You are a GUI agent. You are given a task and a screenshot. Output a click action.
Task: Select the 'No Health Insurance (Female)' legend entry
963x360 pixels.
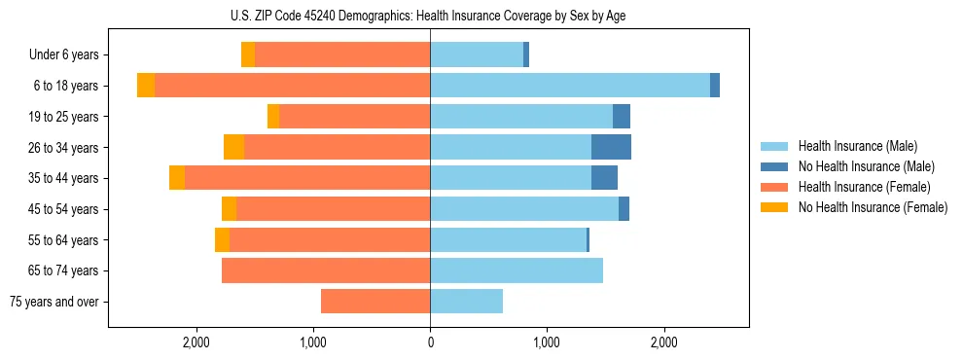pyautogui.click(x=873, y=207)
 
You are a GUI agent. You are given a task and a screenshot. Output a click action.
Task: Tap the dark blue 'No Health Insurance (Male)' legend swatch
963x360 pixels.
pyautogui.click(x=775, y=166)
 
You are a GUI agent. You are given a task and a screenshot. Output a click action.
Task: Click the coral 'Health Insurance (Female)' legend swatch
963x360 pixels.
pyautogui.click(x=775, y=187)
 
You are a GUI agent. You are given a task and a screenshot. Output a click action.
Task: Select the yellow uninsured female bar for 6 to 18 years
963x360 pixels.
pyautogui.click(x=146, y=86)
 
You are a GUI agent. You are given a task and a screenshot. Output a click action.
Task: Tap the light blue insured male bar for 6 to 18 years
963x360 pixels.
pyautogui.click(x=569, y=86)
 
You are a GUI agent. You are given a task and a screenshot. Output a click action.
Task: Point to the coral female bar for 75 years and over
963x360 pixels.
pyautogui.click(x=375, y=302)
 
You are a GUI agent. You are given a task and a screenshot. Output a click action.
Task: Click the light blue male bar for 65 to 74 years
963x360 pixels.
pyautogui.click(x=517, y=270)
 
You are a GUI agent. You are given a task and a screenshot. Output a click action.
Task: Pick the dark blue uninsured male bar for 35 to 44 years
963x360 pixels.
pyautogui.click(x=604, y=178)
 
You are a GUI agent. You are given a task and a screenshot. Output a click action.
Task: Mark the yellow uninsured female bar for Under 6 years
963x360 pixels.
pyautogui.click(x=248, y=54)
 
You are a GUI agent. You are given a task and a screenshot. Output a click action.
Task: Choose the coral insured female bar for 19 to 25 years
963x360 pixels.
pyautogui.click(x=355, y=117)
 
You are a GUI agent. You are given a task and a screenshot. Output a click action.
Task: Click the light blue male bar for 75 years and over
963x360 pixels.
pyautogui.click(x=466, y=302)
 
